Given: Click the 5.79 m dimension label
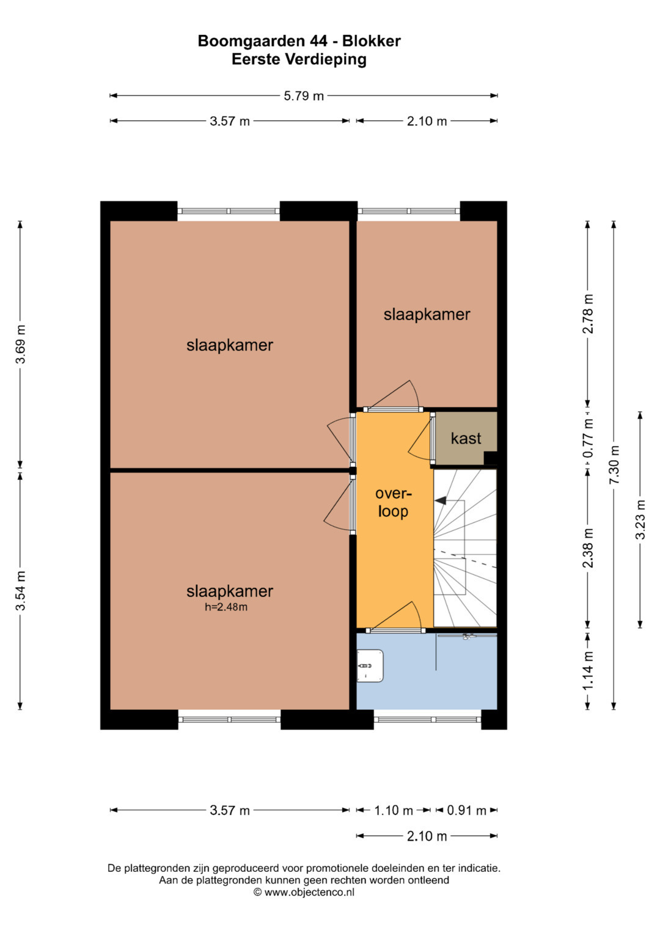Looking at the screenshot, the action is [303, 96].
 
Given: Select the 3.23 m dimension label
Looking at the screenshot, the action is [640, 519].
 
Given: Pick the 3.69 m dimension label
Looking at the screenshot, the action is [20, 344].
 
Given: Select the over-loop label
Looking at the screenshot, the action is [393, 502].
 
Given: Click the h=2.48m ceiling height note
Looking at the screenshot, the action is [226, 607].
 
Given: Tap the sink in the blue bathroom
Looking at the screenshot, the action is [370, 665].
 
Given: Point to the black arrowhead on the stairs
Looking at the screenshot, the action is [441, 500].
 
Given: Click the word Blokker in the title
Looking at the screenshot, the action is [372, 41].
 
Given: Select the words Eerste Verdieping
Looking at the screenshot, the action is [299, 59].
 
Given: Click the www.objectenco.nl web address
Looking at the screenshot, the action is [309, 892].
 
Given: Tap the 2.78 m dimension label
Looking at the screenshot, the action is [587, 313].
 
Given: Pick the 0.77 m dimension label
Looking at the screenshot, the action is [587, 437].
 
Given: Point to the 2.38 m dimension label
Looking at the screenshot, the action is [587, 548].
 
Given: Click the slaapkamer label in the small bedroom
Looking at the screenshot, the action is [427, 315].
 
